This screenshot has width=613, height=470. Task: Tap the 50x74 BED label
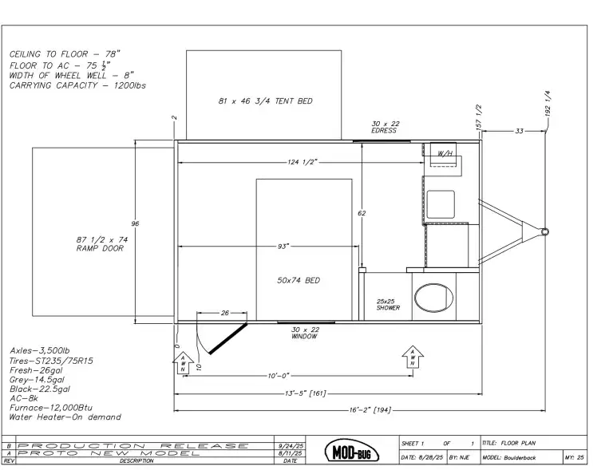click(299, 281)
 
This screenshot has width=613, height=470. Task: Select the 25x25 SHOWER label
click(388, 305)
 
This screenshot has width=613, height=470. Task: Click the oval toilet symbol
click(434, 298)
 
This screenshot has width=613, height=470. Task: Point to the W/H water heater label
click(445, 153)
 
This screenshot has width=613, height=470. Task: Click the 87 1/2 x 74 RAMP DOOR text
click(101, 244)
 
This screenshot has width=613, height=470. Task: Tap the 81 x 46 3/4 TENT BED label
click(266, 101)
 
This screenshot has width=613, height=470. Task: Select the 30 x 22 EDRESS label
click(385, 128)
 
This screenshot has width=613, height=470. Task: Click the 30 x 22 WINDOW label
click(305, 333)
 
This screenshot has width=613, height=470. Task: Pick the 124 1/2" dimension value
click(303, 162)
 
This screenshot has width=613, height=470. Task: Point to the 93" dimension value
click(283, 247)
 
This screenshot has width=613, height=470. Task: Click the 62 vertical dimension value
click(362, 213)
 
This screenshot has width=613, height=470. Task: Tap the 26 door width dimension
click(225, 313)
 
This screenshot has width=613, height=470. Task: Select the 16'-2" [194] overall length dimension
click(370, 410)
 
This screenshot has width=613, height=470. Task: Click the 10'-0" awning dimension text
click(279, 376)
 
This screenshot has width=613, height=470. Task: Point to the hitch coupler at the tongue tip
click(544, 232)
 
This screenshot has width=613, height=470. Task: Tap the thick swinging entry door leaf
click(228, 338)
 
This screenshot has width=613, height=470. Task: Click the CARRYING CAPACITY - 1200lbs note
click(77, 85)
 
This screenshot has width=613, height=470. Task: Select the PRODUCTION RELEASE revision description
click(133, 446)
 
